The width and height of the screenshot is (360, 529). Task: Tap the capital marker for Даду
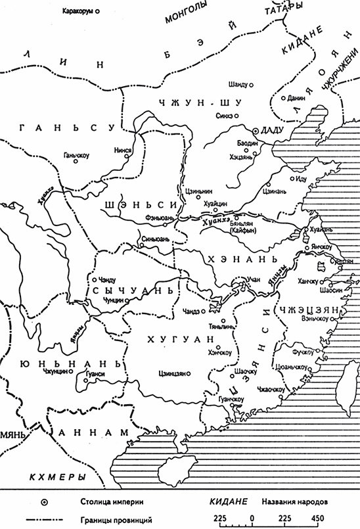[x=256, y=130]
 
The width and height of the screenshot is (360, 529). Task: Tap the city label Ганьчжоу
[x=76, y=156]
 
